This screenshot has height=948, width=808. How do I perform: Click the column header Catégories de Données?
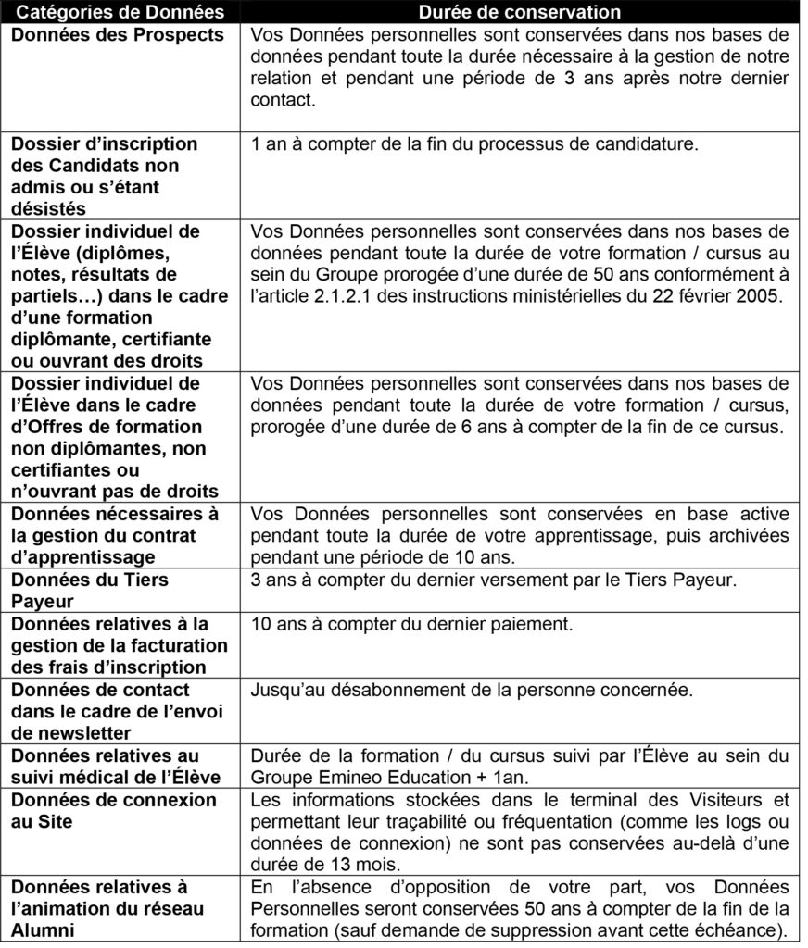click(120, 12)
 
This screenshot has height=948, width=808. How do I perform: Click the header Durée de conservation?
click(519, 12)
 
